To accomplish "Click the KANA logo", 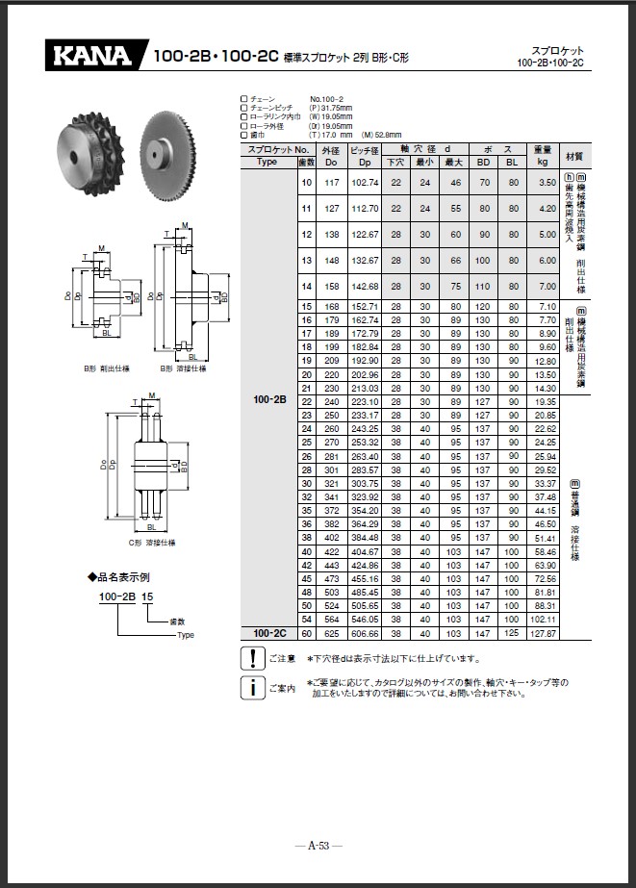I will coord(93,56).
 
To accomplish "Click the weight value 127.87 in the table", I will coord(546,634).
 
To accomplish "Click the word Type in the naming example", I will coord(186,636).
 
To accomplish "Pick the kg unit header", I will coord(546,162).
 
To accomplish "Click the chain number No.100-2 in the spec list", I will coord(328,99).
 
